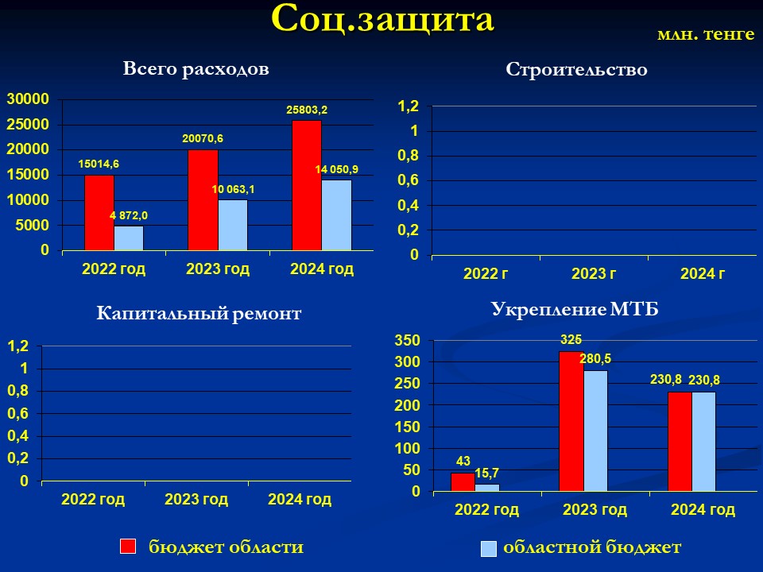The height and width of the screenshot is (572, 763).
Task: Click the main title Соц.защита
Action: [382, 19]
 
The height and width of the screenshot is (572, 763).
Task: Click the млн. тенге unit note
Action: [706, 33]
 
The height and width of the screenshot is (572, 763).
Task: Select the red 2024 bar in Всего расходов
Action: [307, 185]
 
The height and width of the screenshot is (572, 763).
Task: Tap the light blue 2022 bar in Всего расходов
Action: [129, 238]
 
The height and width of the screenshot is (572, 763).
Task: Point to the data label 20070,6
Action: [203, 138]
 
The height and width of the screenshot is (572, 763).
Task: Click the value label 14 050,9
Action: [337, 169]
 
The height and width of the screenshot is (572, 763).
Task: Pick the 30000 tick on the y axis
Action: [28, 99]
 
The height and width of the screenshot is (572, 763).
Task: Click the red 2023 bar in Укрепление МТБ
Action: [571, 421]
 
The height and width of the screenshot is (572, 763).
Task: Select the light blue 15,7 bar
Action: [487, 487]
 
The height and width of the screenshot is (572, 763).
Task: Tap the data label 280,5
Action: [595, 359]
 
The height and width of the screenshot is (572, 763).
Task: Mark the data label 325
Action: [571, 339]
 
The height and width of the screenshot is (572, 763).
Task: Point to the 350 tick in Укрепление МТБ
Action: [407, 341]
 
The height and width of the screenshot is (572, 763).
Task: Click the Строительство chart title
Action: [577, 69]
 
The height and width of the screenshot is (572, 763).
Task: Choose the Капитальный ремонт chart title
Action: [199, 313]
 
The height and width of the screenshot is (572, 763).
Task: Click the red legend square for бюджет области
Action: [128, 546]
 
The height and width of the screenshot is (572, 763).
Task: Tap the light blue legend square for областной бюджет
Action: [489, 549]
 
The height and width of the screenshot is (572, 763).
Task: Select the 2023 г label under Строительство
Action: [593, 274]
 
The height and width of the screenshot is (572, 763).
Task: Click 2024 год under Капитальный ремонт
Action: [300, 500]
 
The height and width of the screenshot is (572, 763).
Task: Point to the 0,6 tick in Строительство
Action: [409, 180]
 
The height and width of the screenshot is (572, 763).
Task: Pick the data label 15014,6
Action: [99, 164]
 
